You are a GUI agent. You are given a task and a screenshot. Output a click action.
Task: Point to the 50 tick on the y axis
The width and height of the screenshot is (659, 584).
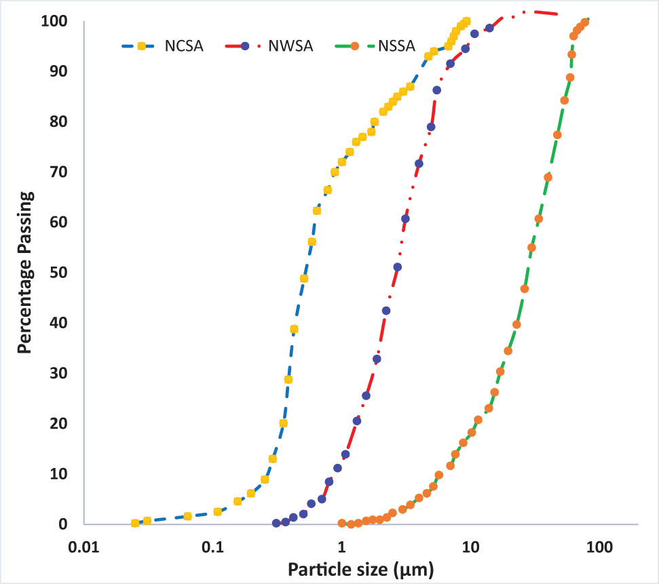click(x=60, y=273)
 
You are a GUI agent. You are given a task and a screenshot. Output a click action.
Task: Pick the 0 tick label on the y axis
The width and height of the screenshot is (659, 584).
click(x=63, y=524)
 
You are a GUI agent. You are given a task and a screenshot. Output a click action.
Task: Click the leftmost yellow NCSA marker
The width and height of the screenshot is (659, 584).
click(x=135, y=523)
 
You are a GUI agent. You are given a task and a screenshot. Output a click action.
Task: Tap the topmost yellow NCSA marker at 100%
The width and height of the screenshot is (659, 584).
click(x=466, y=22)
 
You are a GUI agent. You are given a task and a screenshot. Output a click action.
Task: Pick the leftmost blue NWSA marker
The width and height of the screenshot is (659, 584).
click(x=276, y=523)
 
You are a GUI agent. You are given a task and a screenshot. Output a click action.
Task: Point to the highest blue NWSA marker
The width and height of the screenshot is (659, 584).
click(x=489, y=28)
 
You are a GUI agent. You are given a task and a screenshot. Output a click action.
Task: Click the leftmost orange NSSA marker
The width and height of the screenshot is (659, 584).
click(x=341, y=523)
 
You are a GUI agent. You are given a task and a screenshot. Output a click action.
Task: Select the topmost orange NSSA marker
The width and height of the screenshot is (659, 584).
click(x=584, y=22)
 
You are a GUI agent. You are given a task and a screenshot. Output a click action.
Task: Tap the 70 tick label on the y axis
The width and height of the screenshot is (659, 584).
click(x=60, y=172)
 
